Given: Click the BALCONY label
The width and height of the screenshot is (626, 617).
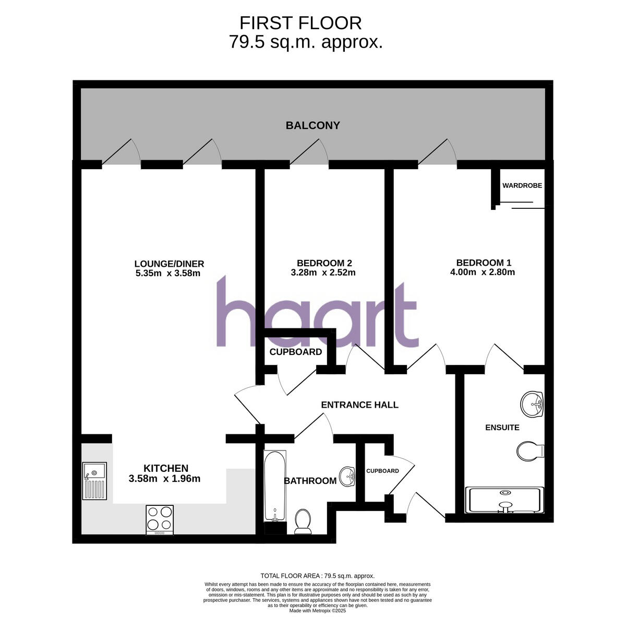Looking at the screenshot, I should [x=312, y=125].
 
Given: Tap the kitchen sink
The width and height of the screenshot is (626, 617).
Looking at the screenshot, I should [x=94, y=481].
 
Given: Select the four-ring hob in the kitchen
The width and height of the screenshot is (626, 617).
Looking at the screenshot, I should [x=160, y=519].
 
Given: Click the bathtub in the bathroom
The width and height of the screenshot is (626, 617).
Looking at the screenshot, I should [x=275, y=485].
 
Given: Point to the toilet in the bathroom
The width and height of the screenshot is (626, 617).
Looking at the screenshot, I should [x=303, y=521].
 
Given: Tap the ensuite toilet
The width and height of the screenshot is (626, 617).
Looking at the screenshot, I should [x=530, y=450].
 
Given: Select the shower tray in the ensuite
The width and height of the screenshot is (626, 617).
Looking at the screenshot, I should [x=504, y=500].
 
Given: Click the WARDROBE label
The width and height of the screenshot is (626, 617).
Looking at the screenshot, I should [x=522, y=185].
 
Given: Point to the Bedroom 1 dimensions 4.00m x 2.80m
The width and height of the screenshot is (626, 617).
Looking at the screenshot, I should [x=483, y=272].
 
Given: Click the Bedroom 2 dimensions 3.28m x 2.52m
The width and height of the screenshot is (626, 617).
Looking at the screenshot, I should [x=323, y=272].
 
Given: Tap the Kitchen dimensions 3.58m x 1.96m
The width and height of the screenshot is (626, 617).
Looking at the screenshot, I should [x=164, y=478].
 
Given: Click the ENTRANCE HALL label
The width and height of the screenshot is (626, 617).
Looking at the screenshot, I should [x=359, y=405].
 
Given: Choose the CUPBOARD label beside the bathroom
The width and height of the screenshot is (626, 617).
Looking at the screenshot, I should [x=382, y=471].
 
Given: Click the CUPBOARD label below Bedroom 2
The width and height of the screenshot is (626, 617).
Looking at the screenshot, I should [x=296, y=352].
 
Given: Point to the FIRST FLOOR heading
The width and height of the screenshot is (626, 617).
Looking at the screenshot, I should [x=300, y=23].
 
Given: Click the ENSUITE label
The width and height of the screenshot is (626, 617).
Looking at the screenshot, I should [x=502, y=428].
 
